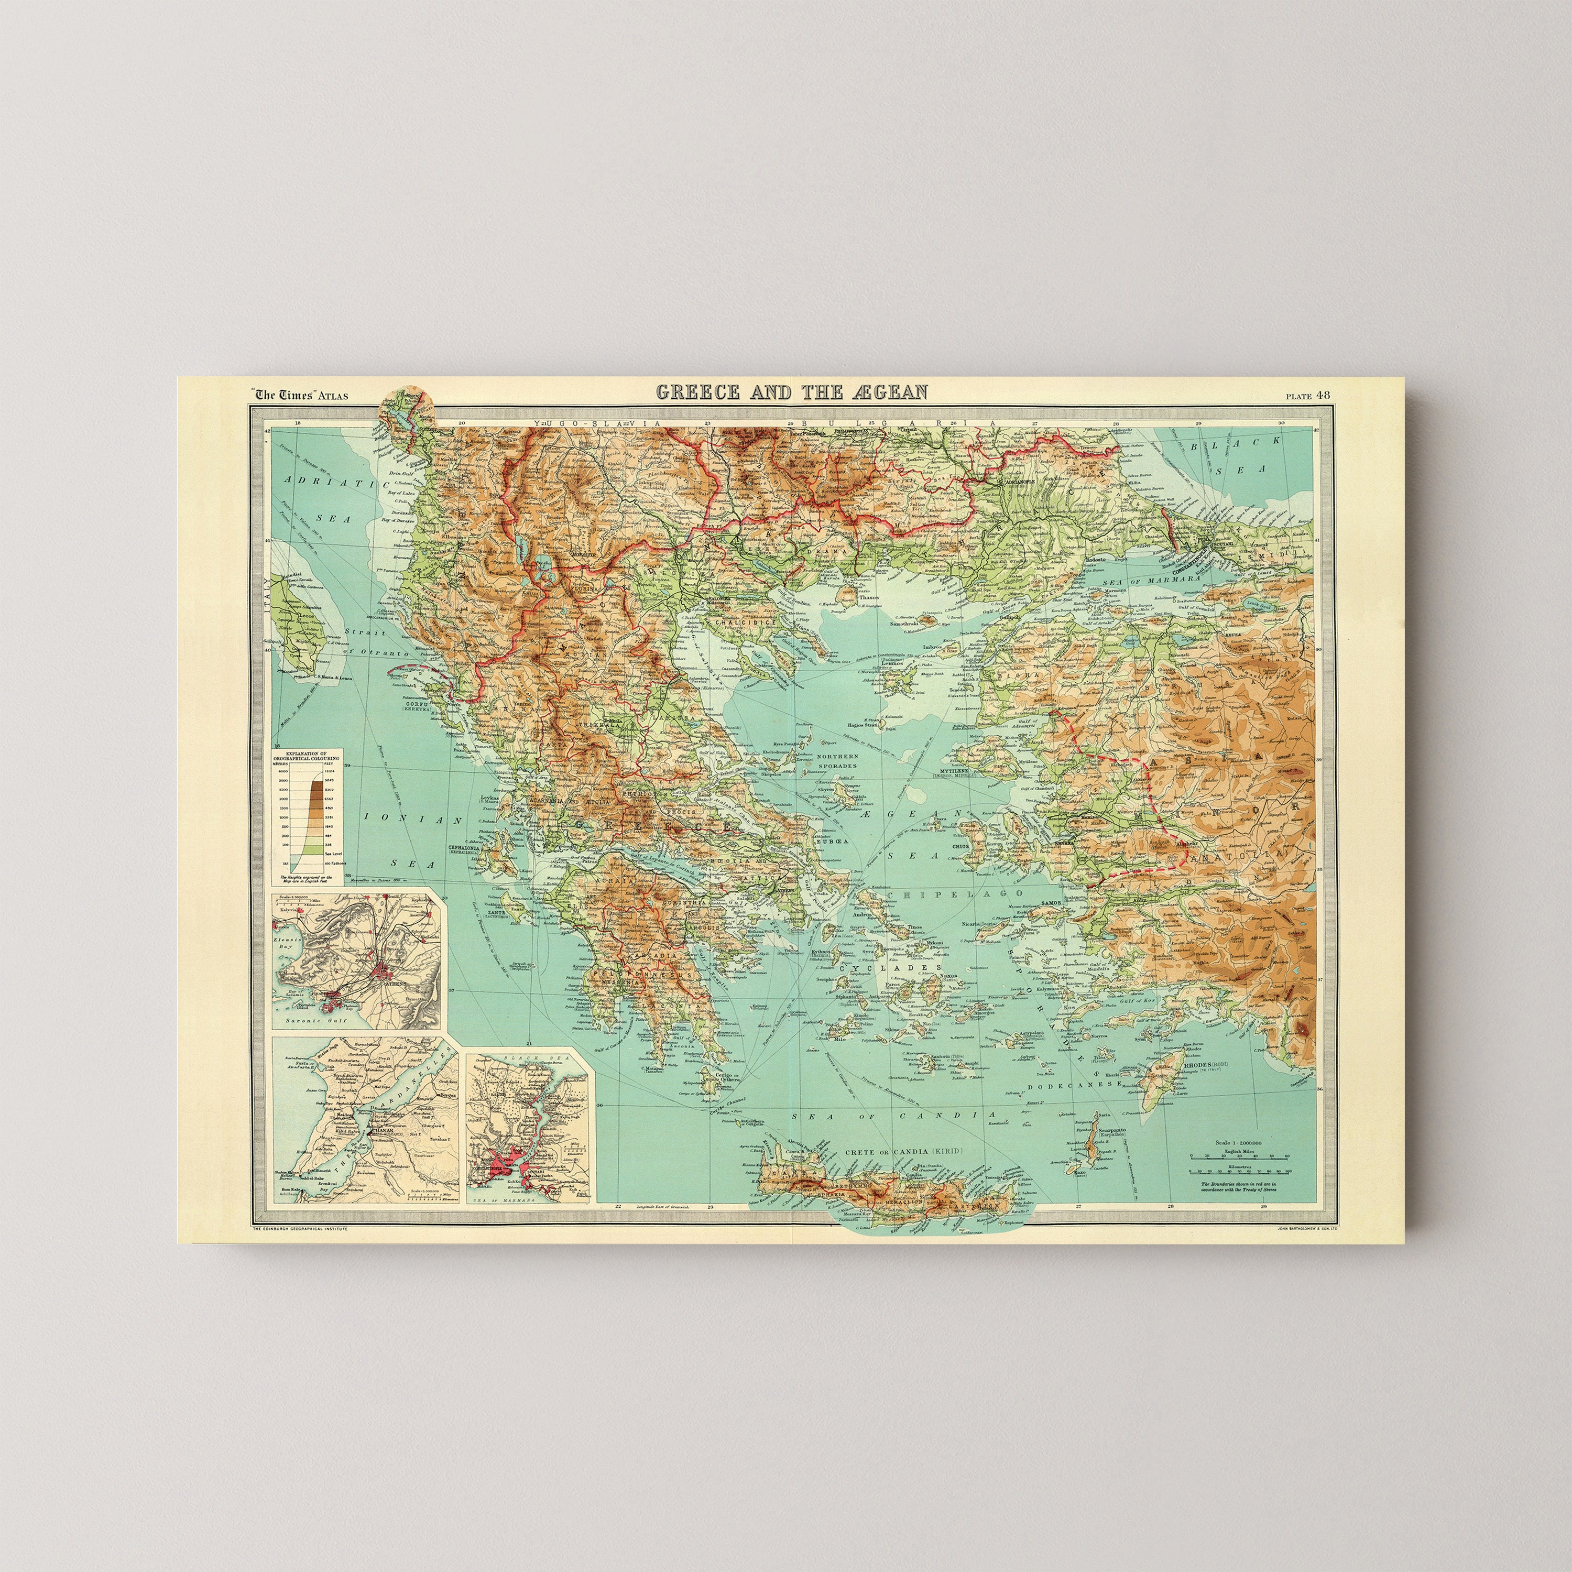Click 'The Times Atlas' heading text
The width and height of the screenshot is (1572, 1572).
pos(301,396)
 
